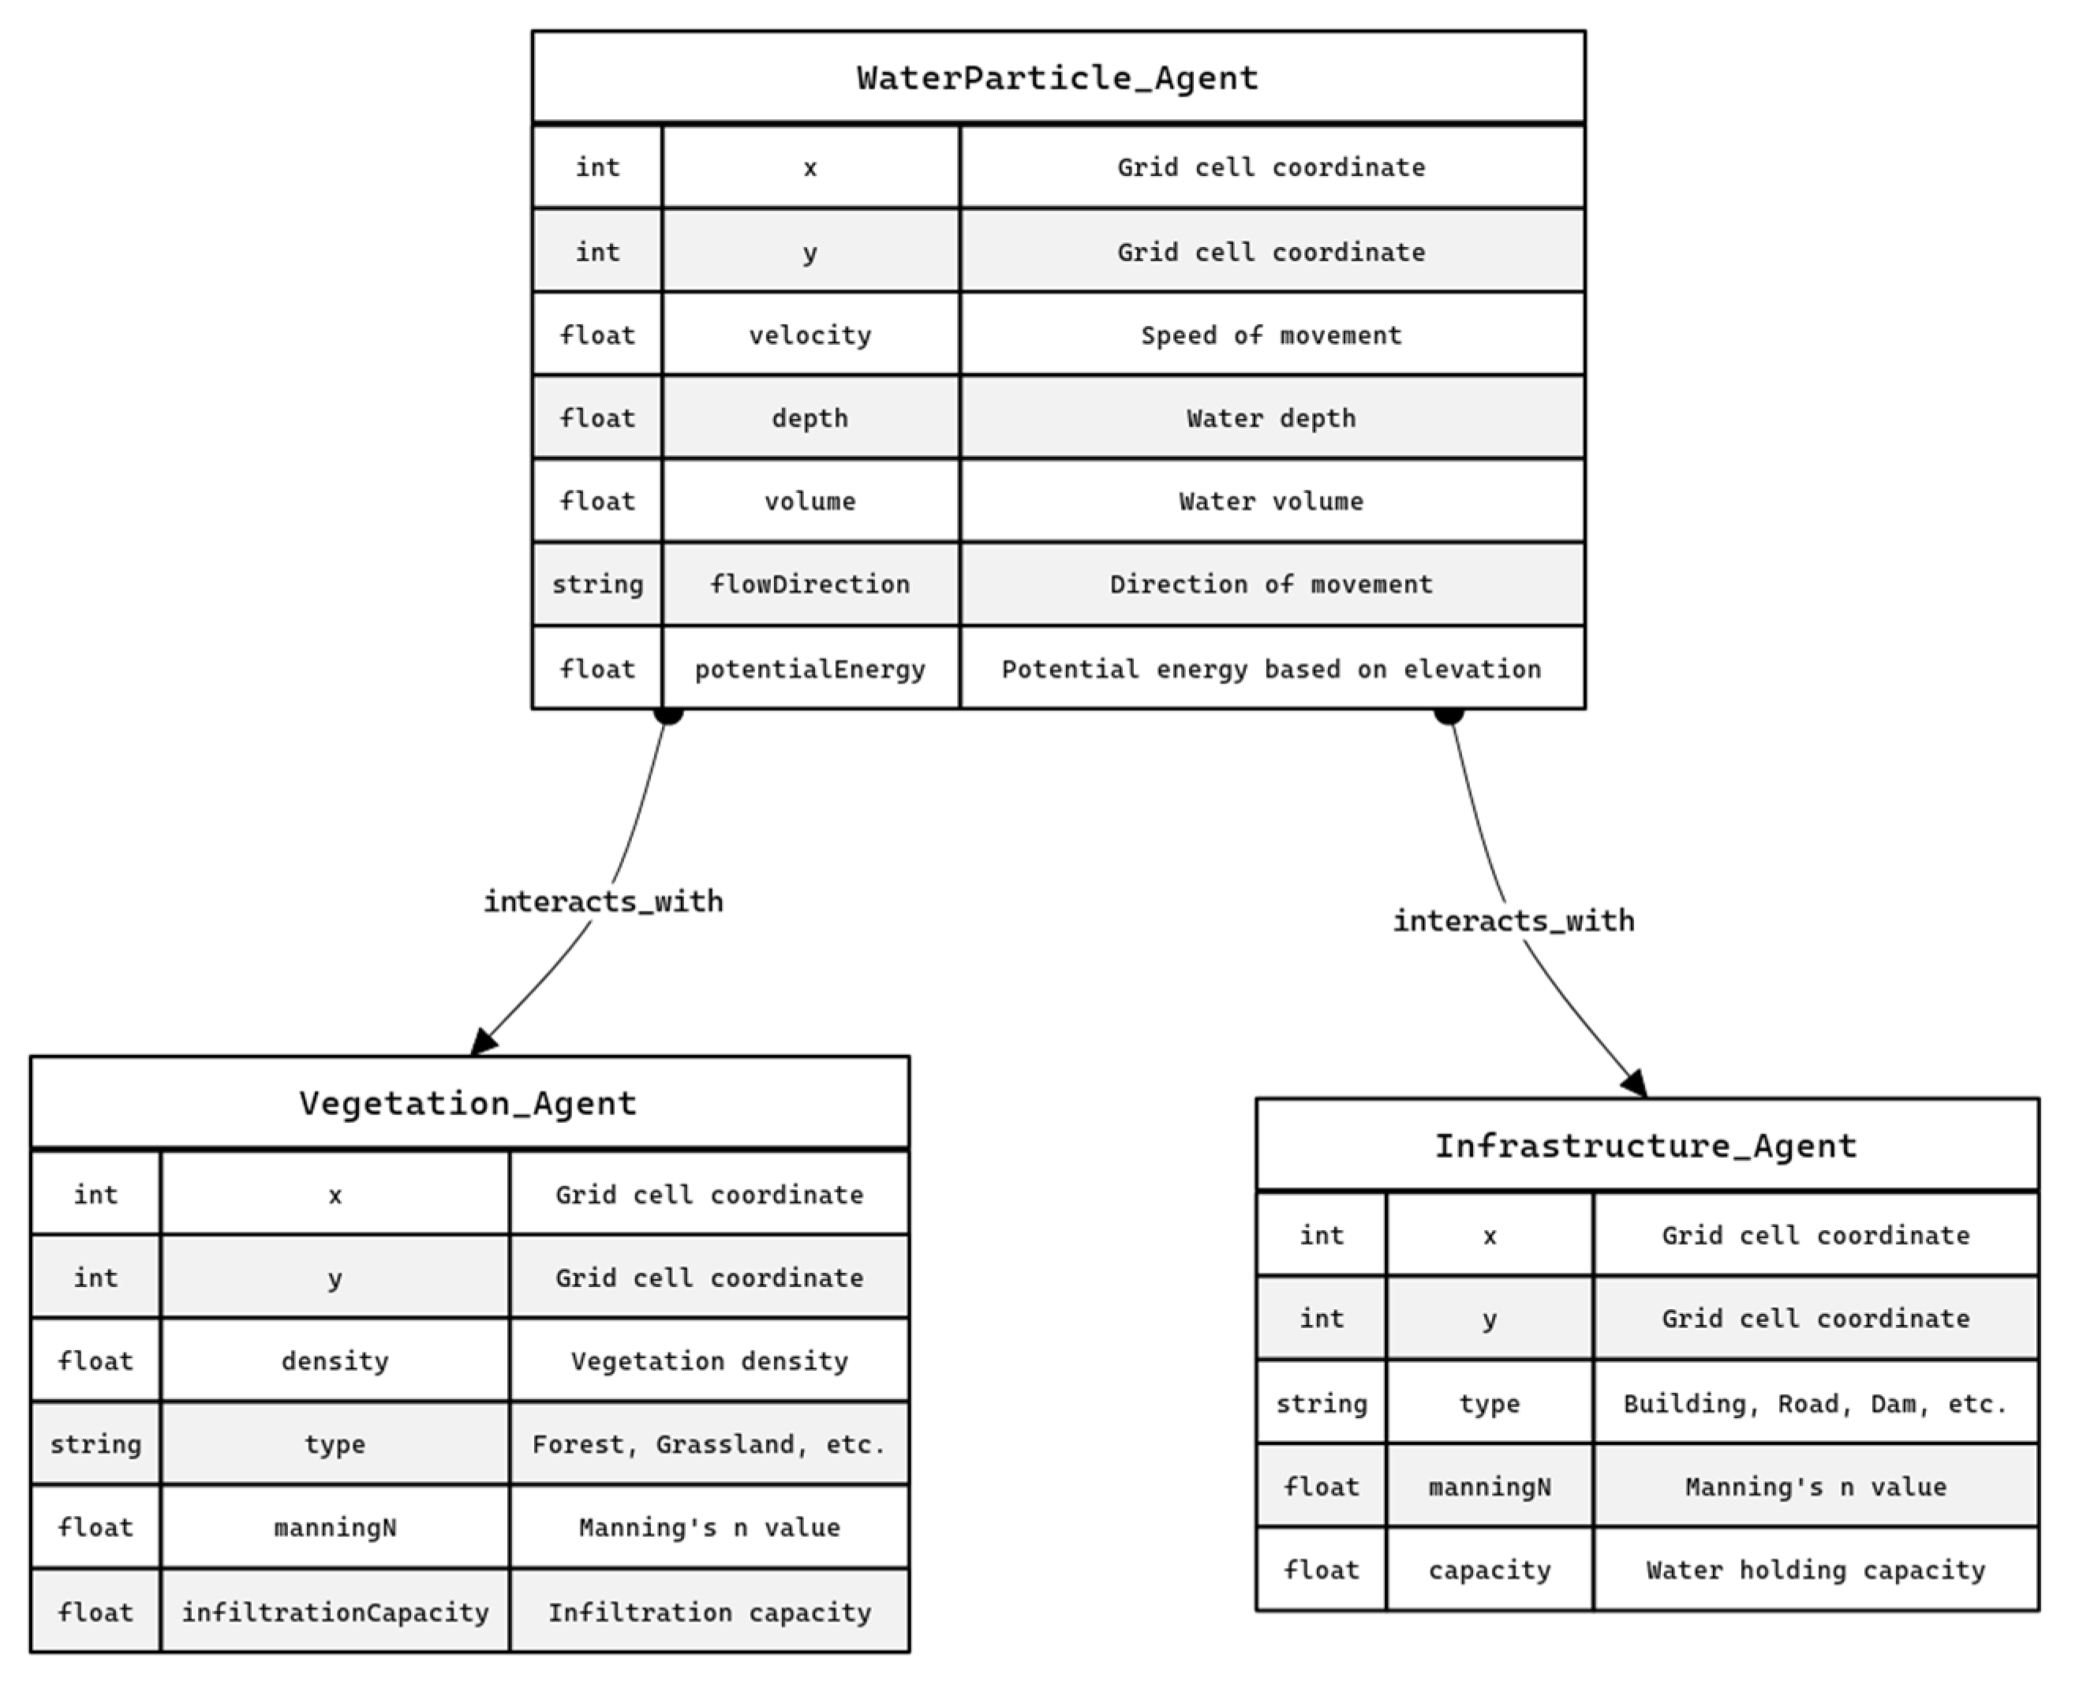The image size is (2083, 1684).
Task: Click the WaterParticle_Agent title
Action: point(1057,77)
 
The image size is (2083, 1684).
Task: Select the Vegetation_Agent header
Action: point(469,1103)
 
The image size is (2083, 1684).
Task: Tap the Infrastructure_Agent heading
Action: point(1646,1146)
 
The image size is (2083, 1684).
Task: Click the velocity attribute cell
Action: point(810,335)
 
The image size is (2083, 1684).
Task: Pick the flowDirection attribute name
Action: point(810,584)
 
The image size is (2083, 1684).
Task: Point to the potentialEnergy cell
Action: point(810,668)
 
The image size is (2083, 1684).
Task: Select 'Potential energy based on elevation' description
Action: point(1270,668)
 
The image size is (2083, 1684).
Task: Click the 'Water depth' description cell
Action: point(1270,418)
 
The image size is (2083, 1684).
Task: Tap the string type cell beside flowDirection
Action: point(597,584)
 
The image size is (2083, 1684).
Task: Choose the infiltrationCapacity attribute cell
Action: point(335,1612)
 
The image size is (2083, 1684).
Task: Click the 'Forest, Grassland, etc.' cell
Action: point(709,1444)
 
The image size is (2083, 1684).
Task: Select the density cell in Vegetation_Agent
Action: point(335,1361)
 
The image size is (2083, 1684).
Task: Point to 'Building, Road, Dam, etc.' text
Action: point(1815,1404)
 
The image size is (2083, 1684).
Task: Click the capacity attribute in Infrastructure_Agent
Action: point(1489,1570)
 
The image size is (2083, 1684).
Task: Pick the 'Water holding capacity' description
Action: point(1815,1570)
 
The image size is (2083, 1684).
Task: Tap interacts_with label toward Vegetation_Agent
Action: point(603,902)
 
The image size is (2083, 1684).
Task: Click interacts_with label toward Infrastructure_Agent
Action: point(1513,921)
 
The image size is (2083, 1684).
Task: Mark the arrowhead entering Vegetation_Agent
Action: point(484,1042)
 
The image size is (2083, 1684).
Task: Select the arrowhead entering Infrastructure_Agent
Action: point(1635,1083)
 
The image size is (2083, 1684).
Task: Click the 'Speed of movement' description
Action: point(1270,335)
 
